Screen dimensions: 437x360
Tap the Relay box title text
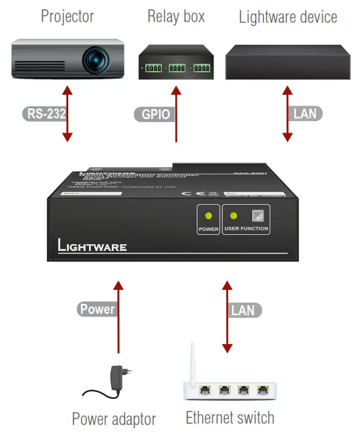176,16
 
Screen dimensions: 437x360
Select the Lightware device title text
288,16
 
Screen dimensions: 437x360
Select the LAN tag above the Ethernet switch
243,310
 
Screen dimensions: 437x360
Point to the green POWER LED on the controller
208,215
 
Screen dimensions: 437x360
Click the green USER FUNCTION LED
234,215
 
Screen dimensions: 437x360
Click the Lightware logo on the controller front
87,246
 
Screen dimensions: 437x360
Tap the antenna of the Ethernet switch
193,365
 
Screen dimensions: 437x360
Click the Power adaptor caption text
114,420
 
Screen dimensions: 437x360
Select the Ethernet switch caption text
230,418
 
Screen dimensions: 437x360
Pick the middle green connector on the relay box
177,68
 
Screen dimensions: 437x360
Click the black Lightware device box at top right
287,64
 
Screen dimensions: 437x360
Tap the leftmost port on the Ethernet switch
204,388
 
